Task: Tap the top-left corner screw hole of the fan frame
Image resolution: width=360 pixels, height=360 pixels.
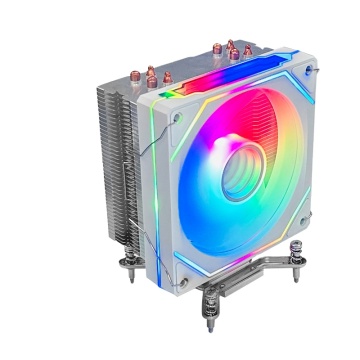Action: (x=178, y=115)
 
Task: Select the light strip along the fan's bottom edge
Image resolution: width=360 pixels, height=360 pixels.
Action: (x=240, y=266)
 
